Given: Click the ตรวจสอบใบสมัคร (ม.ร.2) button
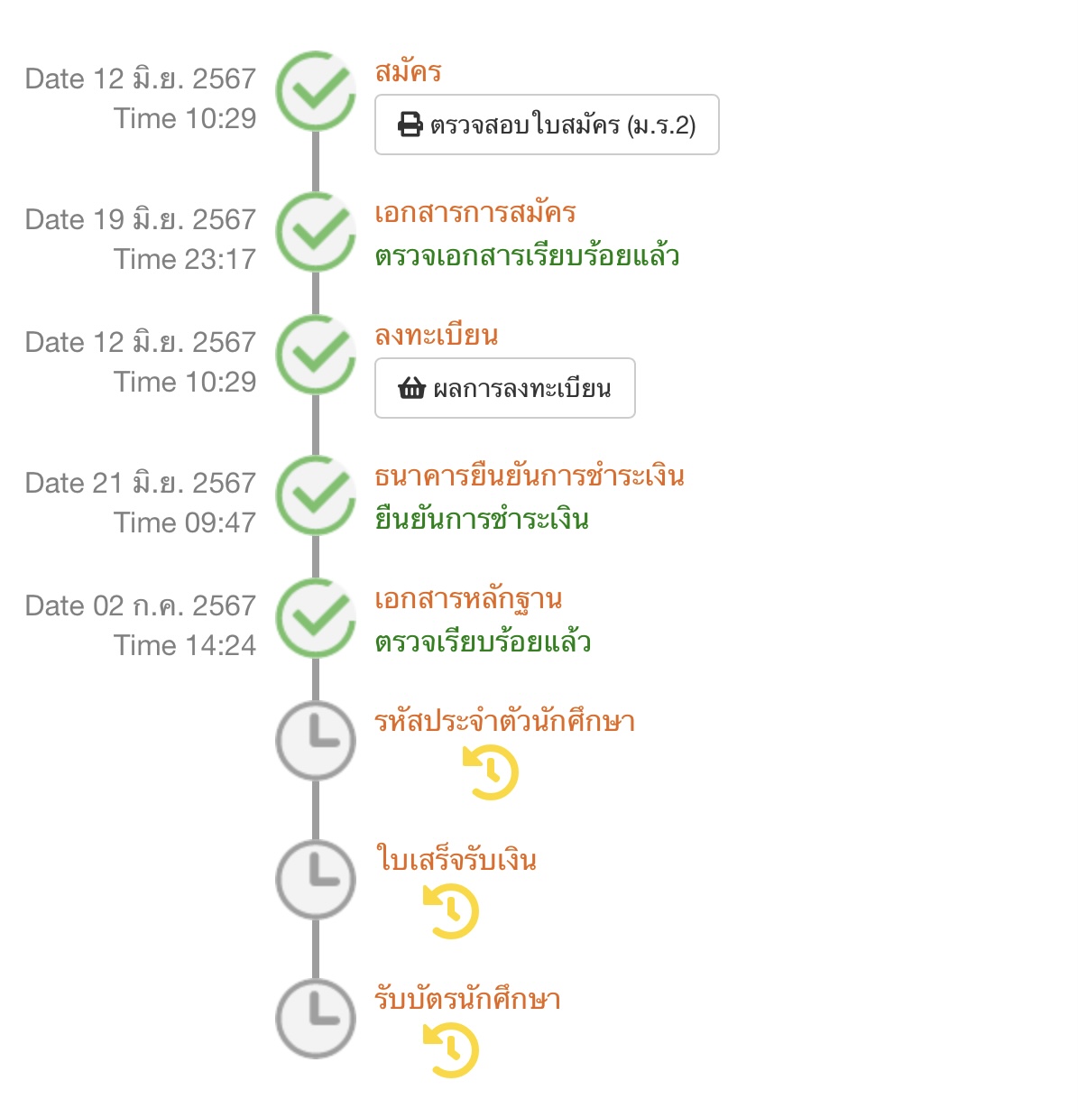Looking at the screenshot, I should (x=547, y=125).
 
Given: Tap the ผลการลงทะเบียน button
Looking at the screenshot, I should (x=505, y=388).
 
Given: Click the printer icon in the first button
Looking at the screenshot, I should (x=410, y=125).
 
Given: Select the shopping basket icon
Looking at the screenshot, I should (x=411, y=389).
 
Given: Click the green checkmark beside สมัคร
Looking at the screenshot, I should (x=316, y=91).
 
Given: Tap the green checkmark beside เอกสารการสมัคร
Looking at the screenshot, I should (x=316, y=232).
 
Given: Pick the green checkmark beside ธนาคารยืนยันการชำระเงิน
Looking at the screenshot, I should (x=316, y=495).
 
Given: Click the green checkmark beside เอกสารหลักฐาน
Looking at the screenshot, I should (x=316, y=618).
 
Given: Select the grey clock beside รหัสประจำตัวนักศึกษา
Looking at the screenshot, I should (x=316, y=740).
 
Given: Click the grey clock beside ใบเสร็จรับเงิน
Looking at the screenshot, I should (x=316, y=880).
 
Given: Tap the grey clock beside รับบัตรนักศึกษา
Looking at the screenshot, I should (x=316, y=1019).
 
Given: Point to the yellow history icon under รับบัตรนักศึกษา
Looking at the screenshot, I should (x=450, y=1050).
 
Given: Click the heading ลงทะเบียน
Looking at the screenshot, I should (x=437, y=336).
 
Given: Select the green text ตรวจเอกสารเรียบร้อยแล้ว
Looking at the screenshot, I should (x=527, y=256).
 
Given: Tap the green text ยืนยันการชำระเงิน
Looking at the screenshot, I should (x=482, y=520).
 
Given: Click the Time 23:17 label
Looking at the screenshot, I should (x=185, y=260).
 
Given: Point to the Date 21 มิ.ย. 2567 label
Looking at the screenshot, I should (x=141, y=484).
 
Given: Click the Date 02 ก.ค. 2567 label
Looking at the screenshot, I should (x=141, y=606).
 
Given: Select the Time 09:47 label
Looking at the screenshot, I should (x=185, y=523).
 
